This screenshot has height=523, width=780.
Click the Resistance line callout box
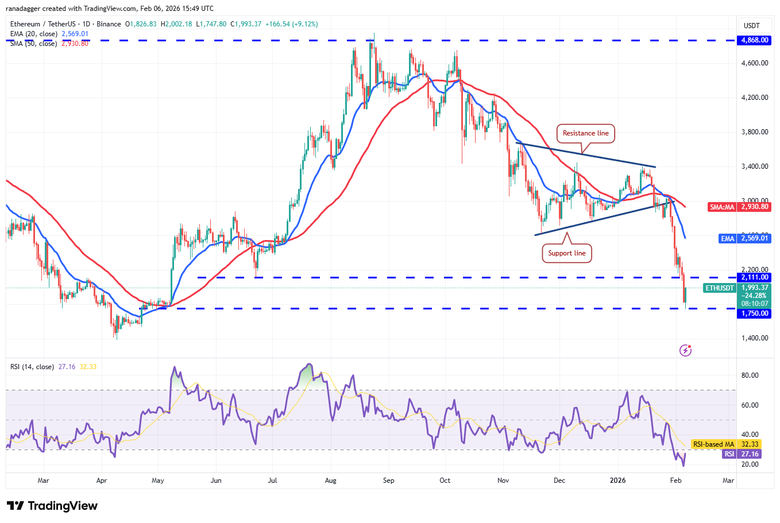585,133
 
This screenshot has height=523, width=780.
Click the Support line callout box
566,253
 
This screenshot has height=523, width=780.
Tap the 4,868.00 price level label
755,40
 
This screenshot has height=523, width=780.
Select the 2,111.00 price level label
755,277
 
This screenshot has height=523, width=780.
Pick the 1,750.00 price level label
755,313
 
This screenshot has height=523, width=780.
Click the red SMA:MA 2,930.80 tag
739,207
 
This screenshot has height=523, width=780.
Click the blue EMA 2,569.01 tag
744,238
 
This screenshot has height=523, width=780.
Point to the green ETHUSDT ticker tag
719,288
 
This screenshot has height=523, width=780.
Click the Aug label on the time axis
330,481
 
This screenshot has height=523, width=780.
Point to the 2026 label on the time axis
617,481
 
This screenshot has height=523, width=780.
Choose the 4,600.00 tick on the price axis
755,63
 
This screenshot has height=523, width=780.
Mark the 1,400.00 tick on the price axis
755,338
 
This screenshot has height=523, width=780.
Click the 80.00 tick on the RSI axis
750,375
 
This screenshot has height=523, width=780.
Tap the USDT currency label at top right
751,25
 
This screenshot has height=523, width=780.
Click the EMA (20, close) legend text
33,34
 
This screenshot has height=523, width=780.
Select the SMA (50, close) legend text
33,44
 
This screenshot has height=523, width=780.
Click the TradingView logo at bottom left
52,506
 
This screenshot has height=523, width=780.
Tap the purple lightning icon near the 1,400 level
685,350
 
